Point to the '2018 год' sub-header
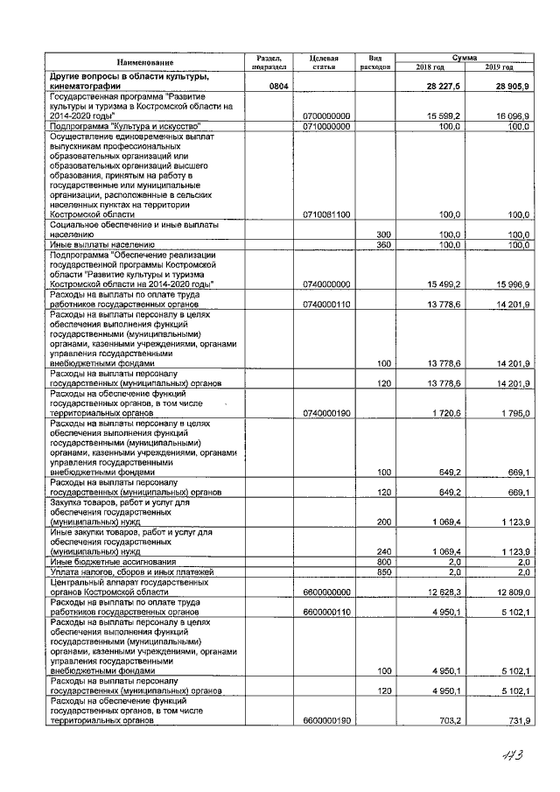pyautogui.click(x=430, y=67)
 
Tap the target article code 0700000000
pyautogui.click(x=326, y=116)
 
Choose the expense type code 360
pyautogui.click(x=382, y=245)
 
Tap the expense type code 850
pyautogui.click(x=382, y=571)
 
